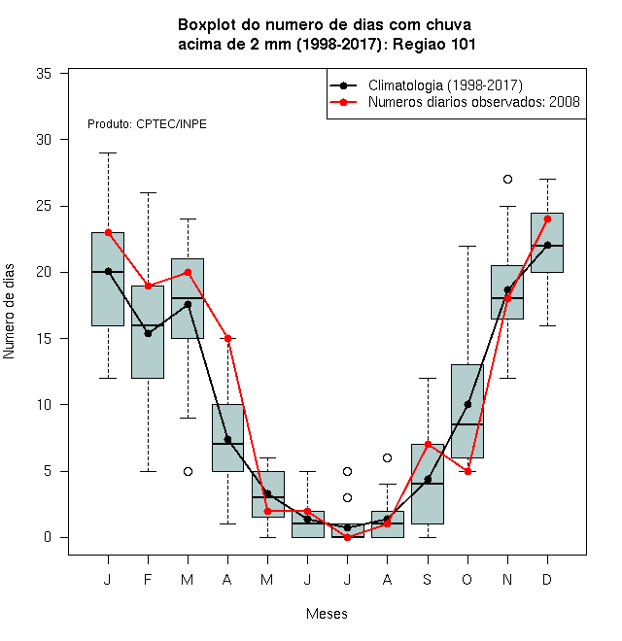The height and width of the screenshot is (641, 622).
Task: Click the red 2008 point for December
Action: click(547, 219)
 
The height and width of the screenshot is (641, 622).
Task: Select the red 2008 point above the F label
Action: click(148, 286)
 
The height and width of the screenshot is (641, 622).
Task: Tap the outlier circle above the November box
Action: click(507, 179)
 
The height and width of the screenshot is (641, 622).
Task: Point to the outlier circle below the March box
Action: click(188, 471)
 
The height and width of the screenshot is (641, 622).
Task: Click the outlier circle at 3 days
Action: click(347, 497)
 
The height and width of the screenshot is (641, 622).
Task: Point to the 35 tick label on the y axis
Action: click(44, 74)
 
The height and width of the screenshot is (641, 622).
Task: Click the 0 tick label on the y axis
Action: click(48, 537)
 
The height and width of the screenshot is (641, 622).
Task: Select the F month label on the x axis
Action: click(148, 579)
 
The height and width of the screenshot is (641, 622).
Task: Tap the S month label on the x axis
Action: click(428, 579)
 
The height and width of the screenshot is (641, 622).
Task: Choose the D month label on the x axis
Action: click(547, 579)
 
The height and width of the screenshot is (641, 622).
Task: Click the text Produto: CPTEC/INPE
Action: click(147, 124)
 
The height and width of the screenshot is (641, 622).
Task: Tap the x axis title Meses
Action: click(327, 614)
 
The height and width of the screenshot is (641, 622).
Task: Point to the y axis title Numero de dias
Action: click(9, 312)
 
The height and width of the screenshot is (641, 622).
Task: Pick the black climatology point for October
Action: click(467, 404)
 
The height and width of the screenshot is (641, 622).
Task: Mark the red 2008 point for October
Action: click(467, 471)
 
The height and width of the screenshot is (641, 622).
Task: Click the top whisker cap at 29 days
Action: click(109, 152)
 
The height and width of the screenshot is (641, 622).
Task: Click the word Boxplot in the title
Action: click(207, 25)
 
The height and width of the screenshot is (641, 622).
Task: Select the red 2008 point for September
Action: click(428, 445)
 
